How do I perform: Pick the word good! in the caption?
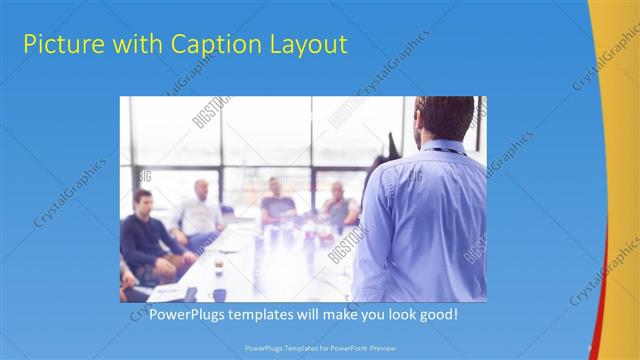point(436,314)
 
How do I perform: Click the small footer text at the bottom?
point(319,347)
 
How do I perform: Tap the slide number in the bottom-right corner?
point(590,347)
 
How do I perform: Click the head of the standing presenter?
point(442,117)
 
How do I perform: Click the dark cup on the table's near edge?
point(219,294)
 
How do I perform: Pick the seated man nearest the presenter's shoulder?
point(340,205)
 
